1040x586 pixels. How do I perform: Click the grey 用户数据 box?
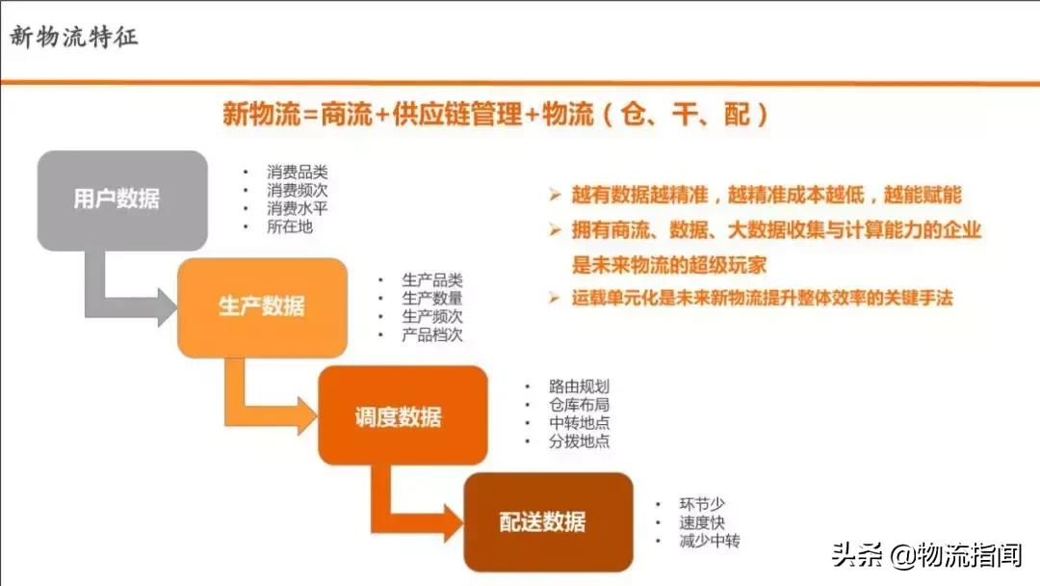122,200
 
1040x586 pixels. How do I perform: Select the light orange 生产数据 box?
262,307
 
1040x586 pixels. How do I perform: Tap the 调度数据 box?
403,416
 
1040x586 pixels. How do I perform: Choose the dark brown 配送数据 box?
547,522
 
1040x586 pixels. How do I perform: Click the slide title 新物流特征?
74,38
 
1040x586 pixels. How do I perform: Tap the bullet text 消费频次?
298,191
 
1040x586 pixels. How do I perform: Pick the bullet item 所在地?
290,227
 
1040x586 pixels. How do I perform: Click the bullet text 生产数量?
432,299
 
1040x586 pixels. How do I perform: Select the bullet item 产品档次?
432,335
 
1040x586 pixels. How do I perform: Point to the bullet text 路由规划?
579,386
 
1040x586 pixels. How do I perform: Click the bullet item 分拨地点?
579,441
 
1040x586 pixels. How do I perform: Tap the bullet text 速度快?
701,522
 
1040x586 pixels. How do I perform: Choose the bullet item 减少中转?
709,541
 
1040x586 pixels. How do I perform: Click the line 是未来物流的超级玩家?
669,264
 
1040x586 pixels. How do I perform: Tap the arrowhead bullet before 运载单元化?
555,297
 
